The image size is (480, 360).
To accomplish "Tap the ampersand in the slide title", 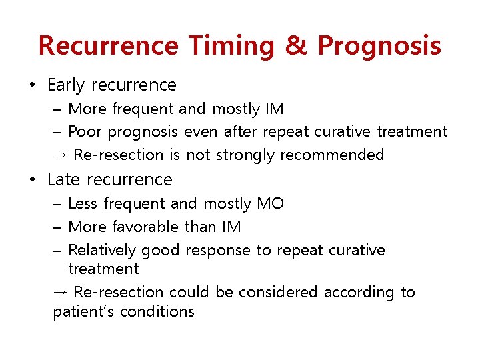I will [x=295, y=45].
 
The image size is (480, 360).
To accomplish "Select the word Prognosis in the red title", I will [x=379, y=45].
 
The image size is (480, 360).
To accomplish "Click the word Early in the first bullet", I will [x=66, y=85].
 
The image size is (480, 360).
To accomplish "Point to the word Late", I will [x=64, y=180].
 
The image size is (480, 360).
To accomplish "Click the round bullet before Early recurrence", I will [x=32, y=85].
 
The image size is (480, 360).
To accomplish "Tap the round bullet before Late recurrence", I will [x=32, y=180].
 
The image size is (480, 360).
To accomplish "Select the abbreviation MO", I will [x=270, y=203].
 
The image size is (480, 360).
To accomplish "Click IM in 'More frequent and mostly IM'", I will [x=274, y=109].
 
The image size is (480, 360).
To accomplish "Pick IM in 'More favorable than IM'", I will [x=231, y=227].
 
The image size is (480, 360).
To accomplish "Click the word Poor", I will [x=85, y=132].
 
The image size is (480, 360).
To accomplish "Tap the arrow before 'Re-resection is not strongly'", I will [x=61, y=155].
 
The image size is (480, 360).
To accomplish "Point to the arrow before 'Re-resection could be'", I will [x=61, y=293].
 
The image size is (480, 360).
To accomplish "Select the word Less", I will [x=83, y=203].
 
